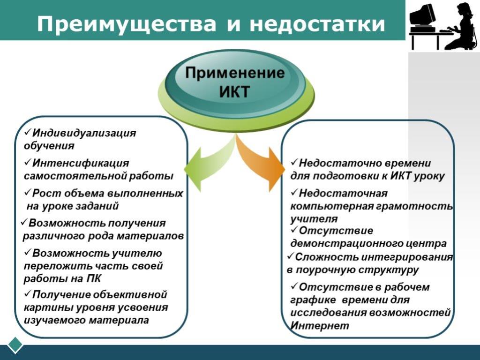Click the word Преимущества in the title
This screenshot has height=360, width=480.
(127, 24)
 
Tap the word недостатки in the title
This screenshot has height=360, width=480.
(317, 24)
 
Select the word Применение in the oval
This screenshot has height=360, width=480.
(235, 73)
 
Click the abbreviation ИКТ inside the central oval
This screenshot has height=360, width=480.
(234, 91)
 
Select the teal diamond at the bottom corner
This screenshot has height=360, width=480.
(15, 345)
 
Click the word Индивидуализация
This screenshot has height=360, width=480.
(84, 133)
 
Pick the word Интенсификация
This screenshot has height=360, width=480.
(81, 163)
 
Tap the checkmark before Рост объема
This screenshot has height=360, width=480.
(28, 193)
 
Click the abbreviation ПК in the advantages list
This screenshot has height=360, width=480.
(93, 278)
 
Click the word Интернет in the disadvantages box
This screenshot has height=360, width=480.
(320, 325)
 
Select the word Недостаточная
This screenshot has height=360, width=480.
(343, 193)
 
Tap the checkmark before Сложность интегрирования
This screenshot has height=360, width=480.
(291, 256)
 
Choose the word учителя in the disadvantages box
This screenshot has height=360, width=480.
(314, 219)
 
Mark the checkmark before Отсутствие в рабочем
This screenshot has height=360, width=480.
(294, 286)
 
